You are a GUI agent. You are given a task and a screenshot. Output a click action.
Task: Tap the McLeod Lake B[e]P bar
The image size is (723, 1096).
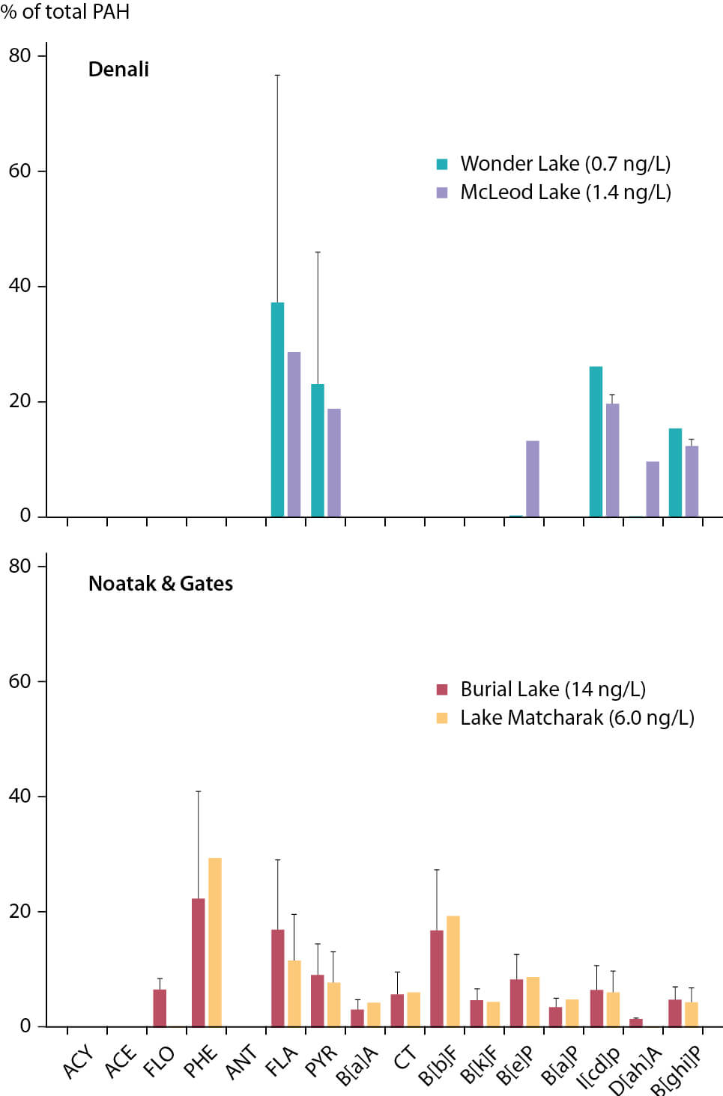pyautogui.click(x=533, y=479)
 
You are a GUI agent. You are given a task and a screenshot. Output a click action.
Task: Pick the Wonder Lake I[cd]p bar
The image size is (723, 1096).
pyautogui.click(x=596, y=442)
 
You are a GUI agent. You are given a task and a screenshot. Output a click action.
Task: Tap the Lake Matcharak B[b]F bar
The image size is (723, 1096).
pyautogui.click(x=453, y=971)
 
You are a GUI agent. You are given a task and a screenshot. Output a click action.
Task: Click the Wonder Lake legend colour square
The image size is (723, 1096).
pyautogui.click(x=442, y=164)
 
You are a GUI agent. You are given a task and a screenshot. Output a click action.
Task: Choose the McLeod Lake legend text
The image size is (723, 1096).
pyautogui.click(x=566, y=192)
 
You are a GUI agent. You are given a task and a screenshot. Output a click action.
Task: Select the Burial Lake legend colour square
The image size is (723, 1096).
pyautogui.click(x=442, y=689)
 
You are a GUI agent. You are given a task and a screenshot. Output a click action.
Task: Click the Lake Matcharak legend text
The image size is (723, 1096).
pyautogui.click(x=577, y=718)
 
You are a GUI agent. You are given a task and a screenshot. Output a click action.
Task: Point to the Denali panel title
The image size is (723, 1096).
pyautogui.click(x=118, y=70)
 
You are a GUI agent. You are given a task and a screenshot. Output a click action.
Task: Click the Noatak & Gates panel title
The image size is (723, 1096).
pyautogui.click(x=160, y=584)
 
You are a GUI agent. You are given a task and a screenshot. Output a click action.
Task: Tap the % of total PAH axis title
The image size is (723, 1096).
pyautogui.click(x=65, y=12)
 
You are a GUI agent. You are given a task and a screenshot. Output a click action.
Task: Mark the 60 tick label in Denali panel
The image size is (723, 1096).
pyautogui.click(x=20, y=171)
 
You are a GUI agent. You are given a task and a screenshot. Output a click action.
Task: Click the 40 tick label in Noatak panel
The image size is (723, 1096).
pyautogui.click(x=20, y=796)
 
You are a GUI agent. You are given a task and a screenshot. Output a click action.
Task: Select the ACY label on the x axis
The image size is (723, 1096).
pyautogui.click(x=79, y=1062)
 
